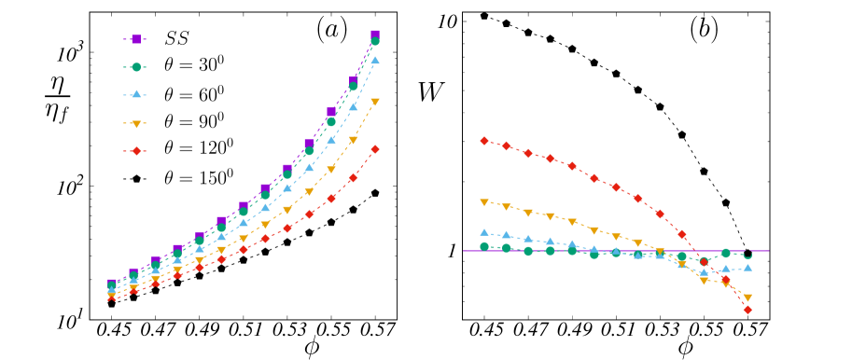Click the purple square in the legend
tap(136, 39)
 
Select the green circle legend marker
tap(136, 67)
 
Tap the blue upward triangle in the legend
tap(136, 94)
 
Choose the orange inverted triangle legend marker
tap(136, 123)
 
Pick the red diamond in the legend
tap(136, 151)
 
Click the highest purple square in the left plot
tap(375, 35)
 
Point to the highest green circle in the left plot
tap(375, 42)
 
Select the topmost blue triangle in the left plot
tap(375, 60)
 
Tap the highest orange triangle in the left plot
tap(375, 102)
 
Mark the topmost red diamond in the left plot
tap(375, 149)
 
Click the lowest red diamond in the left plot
tap(112, 298)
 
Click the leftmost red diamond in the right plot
tap(484, 141)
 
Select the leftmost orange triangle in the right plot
tap(484, 201)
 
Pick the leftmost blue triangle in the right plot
tap(484, 232)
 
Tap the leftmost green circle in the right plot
tap(484, 246)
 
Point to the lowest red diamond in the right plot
tap(747, 310)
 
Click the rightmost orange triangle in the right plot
tap(747, 298)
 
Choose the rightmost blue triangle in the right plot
tap(747, 268)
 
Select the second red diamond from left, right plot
tap(507, 145)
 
